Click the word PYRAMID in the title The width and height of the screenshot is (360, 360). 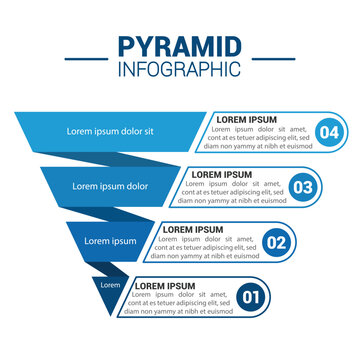[x=179, y=48]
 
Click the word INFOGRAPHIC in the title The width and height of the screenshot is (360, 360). [x=179, y=69]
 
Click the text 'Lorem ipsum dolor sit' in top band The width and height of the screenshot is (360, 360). [x=110, y=131]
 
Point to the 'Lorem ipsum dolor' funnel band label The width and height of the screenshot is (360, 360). [x=110, y=186]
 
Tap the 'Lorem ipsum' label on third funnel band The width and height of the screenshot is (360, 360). [x=110, y=241]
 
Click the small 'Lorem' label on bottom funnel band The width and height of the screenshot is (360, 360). [x=110, y=286]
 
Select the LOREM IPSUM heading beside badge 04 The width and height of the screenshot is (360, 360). [x=249, y=119]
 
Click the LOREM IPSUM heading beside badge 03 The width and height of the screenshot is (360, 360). [x=222, y=174]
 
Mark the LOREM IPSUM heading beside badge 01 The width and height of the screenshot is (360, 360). [x=167, y=284]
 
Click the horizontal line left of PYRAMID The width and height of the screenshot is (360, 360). [x=87, y=58]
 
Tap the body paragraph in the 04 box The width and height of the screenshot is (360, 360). [x=259, y=137]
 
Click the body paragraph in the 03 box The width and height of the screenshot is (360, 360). [x=232, y=192]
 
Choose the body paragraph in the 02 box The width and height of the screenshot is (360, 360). [x=206, y=247]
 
